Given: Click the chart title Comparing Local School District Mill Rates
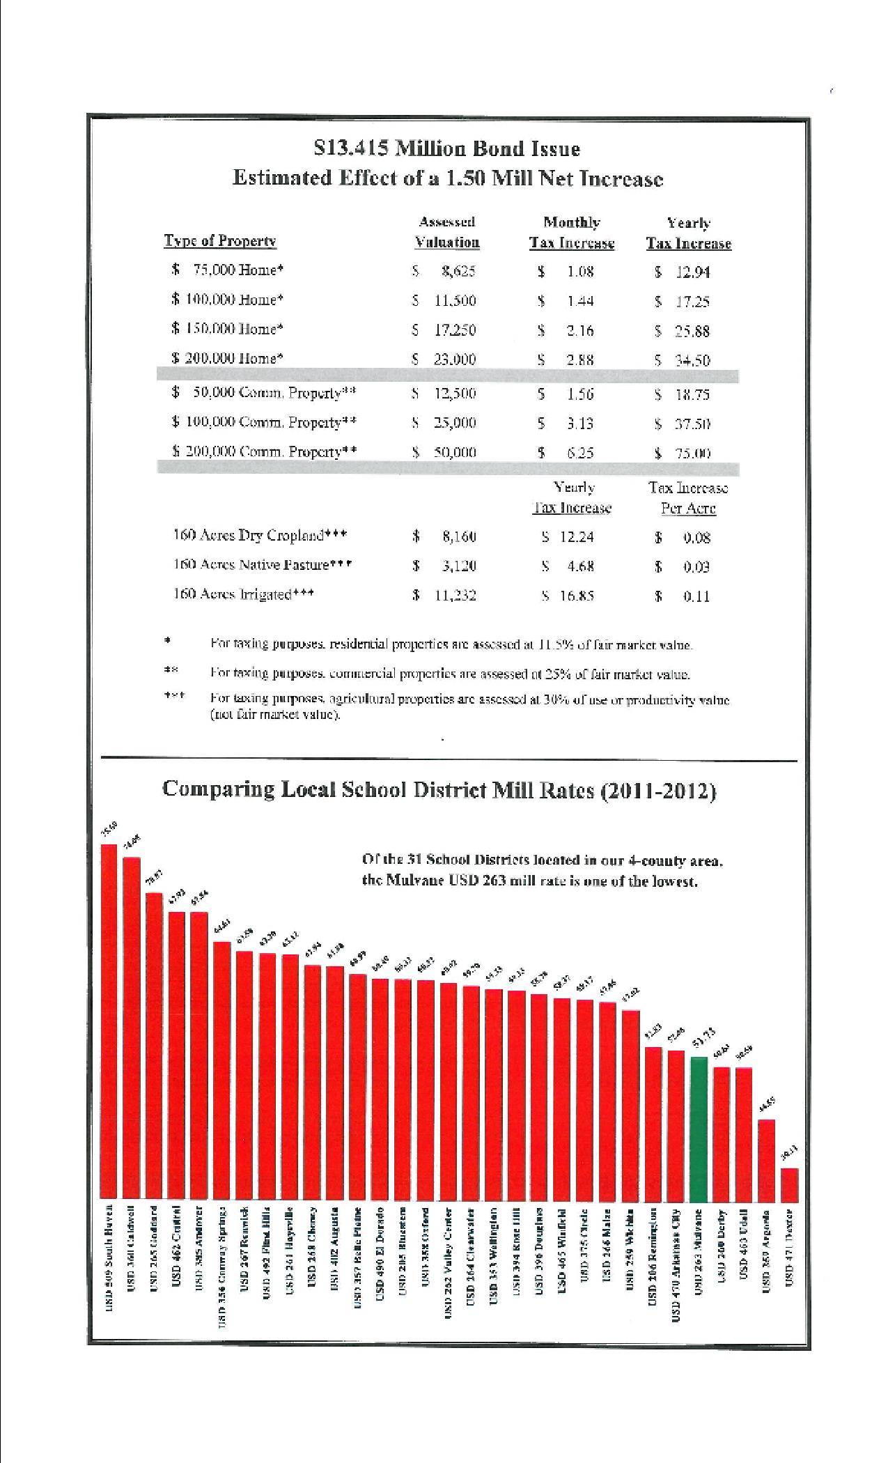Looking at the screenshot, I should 439,790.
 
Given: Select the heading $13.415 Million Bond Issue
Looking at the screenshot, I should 446,148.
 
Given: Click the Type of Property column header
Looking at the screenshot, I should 220,241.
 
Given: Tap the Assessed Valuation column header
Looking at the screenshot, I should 447,232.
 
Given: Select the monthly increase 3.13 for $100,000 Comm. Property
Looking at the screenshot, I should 579,424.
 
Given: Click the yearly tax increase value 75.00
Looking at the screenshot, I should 692,453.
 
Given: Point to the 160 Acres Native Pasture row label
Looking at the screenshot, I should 262,565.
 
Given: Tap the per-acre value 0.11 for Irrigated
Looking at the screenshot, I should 696,596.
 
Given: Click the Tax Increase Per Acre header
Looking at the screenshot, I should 688,497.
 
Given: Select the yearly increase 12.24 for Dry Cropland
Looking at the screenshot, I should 577,537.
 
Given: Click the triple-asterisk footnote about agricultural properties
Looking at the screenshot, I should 469,706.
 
